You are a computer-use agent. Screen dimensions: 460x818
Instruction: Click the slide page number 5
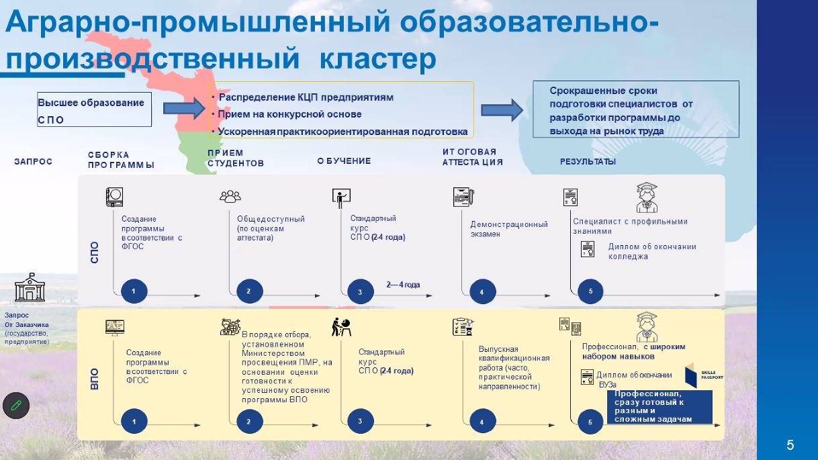point(790,445)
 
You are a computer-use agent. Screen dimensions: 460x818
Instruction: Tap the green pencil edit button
point(16,406)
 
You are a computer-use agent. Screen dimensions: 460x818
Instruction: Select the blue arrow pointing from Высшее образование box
point(183,107)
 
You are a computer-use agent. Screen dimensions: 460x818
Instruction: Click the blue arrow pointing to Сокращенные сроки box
point(502,109)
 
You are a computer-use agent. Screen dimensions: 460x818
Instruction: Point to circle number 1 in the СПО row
point(134,291)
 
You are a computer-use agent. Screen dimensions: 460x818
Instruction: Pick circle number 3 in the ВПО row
point(360,421)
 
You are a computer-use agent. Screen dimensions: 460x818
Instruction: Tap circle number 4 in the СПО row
point(482,291)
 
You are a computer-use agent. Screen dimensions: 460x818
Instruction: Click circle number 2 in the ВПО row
point(248,421)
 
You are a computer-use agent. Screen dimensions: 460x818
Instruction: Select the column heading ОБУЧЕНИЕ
point(344,161)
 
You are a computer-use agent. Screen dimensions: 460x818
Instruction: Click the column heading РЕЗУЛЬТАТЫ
point(588,162)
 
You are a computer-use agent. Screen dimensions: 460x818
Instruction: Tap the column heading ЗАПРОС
point(33,162)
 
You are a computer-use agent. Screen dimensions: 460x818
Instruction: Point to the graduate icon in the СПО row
point(646,197)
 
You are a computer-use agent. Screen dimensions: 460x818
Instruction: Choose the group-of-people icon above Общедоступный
point(230,196)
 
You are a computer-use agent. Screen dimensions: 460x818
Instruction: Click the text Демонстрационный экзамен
point(508,229)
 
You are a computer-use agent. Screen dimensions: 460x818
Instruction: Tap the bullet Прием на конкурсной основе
point(289,114)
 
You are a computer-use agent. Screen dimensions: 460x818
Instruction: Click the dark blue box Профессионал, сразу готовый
point(659,406)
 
